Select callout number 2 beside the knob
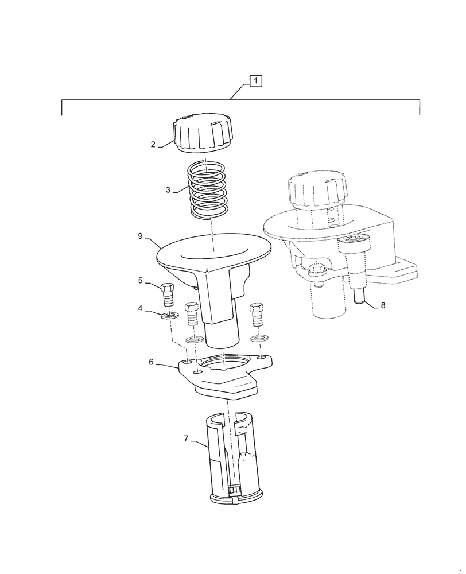(x=153, y=145)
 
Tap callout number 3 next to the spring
(x=168, y=190)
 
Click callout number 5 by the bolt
(x=141, y=281)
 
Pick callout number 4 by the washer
(x=140, y=309)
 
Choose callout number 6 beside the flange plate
(x=152, y=362)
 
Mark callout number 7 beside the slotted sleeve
(x=186, y=439)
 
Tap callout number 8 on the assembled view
(x=383, y=305)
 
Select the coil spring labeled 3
(x=207, y=189)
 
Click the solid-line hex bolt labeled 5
(x=168, y=294)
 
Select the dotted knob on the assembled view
(x=317, y=189)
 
